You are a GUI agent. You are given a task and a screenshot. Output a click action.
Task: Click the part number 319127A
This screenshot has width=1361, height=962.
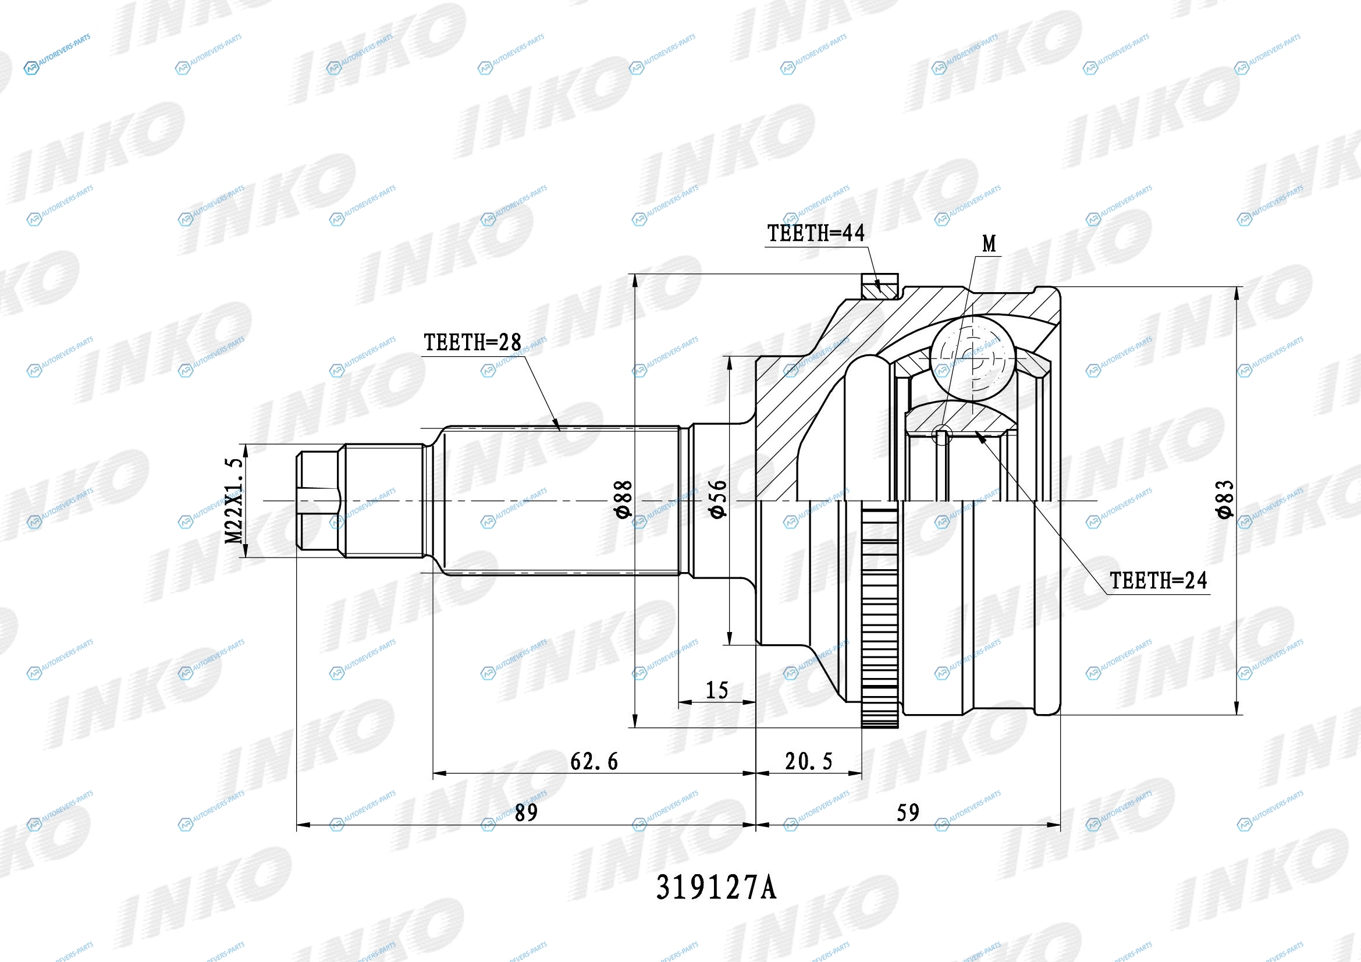tap(716, 888)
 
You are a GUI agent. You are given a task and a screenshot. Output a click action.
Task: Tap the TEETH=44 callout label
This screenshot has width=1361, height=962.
tap(816, 233)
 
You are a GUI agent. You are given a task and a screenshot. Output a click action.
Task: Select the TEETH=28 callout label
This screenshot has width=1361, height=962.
tap(472, 342)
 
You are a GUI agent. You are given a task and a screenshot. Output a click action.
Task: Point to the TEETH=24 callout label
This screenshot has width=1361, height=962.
tap(1159, 580)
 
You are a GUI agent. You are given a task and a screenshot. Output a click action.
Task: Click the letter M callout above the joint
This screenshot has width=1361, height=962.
tap(989, 244)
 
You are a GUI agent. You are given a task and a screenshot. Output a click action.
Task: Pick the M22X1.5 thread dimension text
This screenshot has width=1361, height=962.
tap(235, 501)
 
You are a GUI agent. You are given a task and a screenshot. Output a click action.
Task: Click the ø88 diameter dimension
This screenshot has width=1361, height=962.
tap(625, 500)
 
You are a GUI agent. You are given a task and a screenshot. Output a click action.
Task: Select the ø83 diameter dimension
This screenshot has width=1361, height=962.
tap(1225, 500)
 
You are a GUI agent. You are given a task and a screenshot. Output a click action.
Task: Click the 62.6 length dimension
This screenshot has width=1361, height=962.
tap(594, 762)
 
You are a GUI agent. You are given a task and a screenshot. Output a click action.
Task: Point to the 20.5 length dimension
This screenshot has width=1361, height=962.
tap(809, 762)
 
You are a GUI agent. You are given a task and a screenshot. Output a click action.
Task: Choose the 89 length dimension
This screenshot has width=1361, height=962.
tap(526, 812)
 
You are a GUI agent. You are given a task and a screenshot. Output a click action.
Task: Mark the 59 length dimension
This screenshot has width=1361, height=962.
tap(908, 812)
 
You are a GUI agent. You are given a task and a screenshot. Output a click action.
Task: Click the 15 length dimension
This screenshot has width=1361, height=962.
tap(717, 690)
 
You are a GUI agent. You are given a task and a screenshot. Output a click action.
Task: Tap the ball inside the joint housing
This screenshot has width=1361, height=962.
tap(973, 358)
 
